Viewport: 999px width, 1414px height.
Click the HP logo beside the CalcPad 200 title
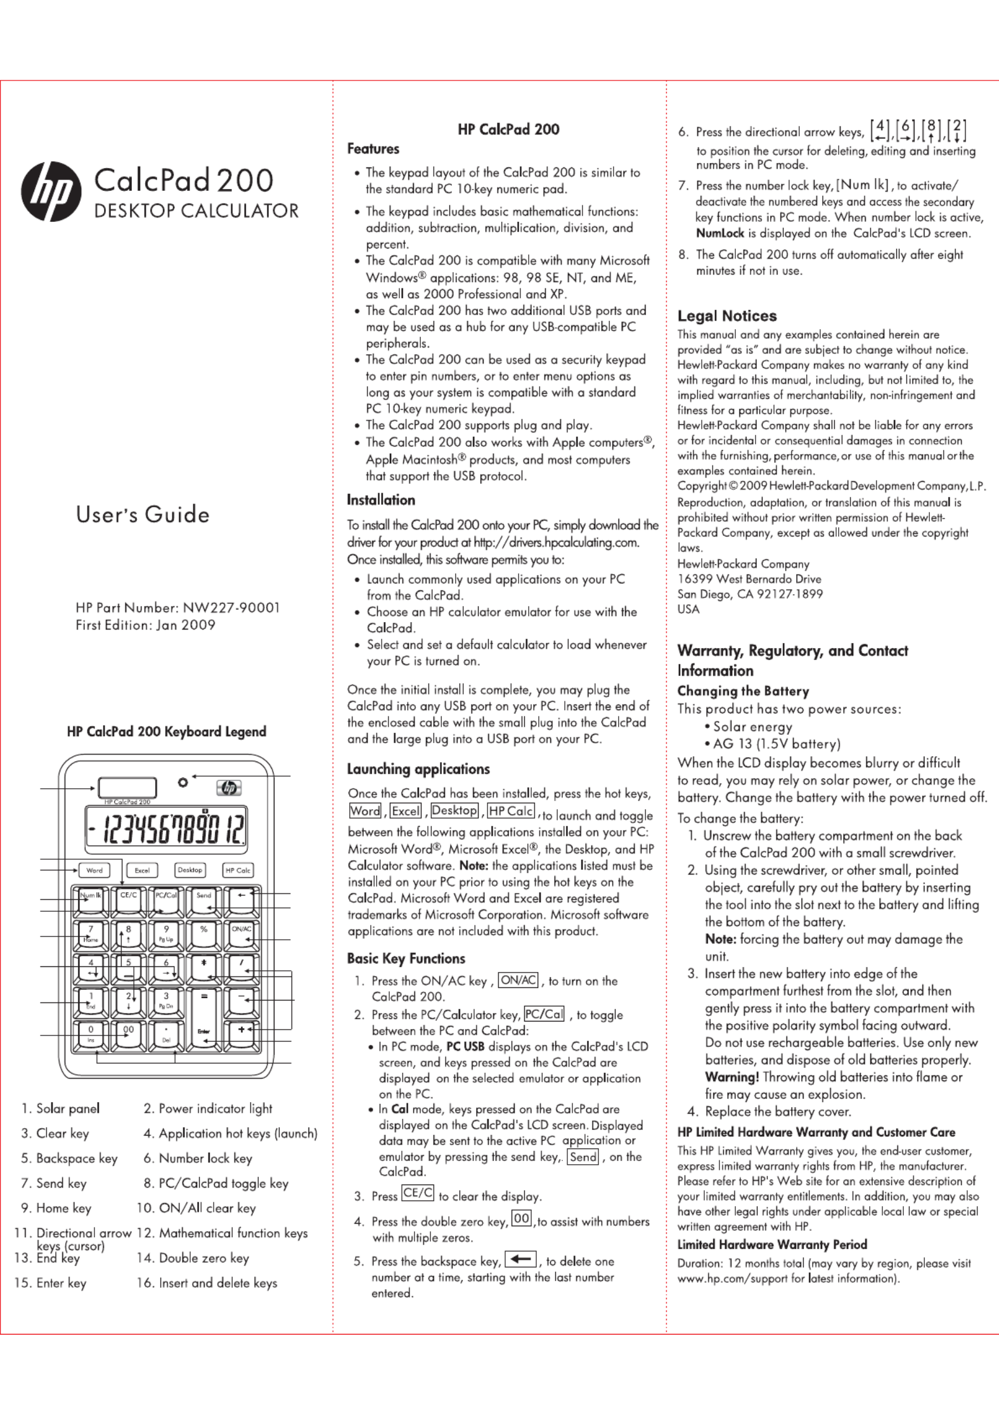(51, 191)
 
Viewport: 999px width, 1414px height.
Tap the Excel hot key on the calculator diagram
(142, 871)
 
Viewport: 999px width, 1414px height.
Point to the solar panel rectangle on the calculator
(127, 788)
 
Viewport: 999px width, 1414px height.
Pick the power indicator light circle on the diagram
(183, 782)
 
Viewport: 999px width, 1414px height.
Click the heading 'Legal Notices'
(726, 316)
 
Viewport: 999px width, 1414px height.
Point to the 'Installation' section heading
(380, 500)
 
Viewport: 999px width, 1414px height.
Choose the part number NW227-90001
(231, 607)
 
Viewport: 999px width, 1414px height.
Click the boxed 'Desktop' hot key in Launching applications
(454, 810)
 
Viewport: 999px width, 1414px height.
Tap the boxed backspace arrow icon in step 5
(520, 1259)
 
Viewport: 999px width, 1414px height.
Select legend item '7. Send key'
(54, 1183)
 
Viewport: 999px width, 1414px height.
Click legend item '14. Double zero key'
(193, 1258)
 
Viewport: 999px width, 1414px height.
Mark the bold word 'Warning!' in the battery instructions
(732, 1077)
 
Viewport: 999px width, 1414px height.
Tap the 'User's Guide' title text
(143, 514)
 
